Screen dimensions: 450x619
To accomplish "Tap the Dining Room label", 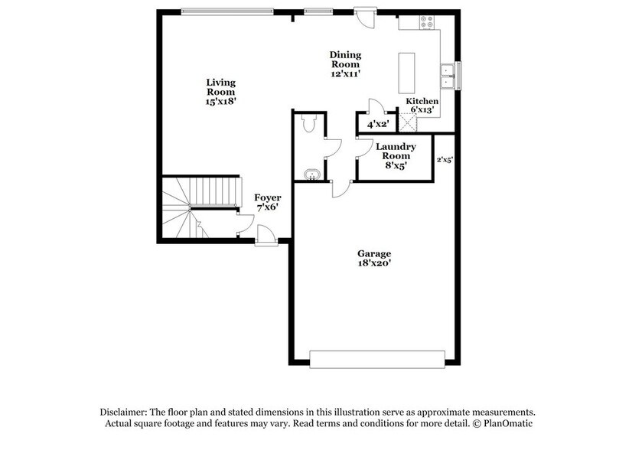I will click(x=345, y=64).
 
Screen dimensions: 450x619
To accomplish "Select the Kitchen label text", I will click(x=422, y=105).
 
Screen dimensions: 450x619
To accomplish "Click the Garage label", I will click(x=374, y=259).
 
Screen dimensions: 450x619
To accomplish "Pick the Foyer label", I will click(x=267, y=202).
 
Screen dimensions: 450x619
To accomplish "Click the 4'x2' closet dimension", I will click(x=378, y=123).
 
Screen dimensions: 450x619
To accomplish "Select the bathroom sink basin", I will click(x=311, y=175).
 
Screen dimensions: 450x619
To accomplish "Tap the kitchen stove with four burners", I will click(x=425, y=23).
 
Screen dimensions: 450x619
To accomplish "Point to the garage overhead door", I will click(x=376, y=357).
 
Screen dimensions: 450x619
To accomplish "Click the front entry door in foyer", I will click(x=265, y=236).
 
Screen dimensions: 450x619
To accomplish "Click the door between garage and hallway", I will click(x=340, y=187).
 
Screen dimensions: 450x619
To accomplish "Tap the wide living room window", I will click(x=226, y=11).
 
